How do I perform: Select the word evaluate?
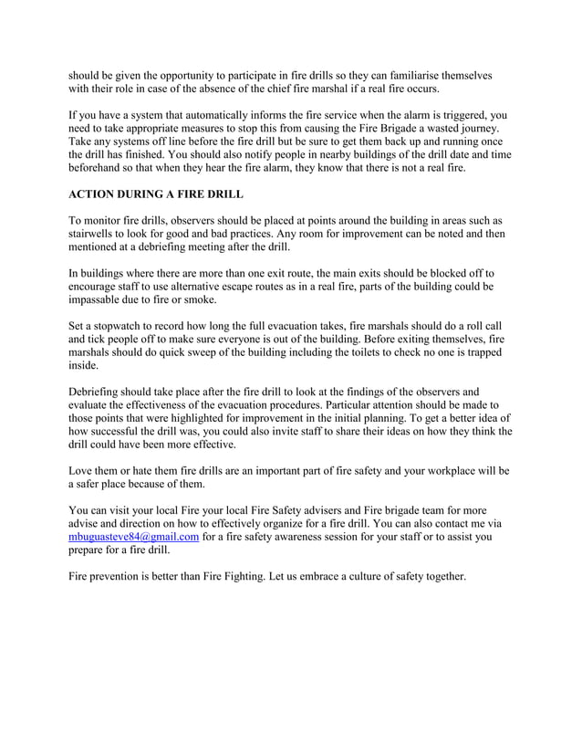coord(93,407)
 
